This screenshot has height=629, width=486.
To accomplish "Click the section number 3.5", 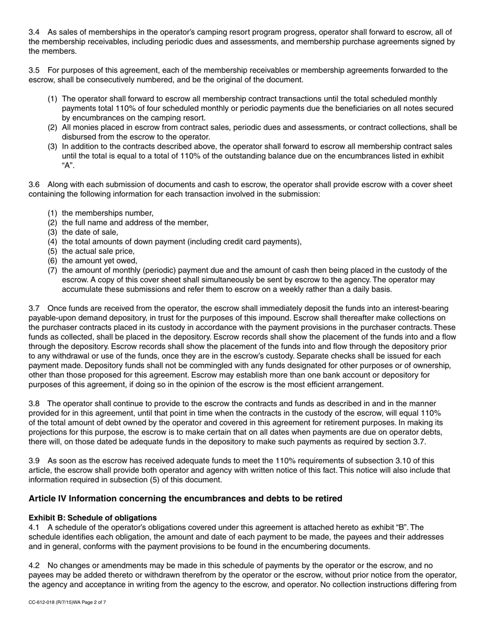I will point(34,70).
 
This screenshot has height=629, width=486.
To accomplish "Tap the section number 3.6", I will point(34,185).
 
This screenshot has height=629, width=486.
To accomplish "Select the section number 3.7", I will point(34,308).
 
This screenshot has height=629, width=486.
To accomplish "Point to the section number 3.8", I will point(34,403).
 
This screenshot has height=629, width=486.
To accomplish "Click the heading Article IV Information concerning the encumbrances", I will point(185,499).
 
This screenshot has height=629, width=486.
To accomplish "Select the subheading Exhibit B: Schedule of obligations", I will point(93,518).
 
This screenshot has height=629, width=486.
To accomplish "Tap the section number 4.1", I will point(34,527).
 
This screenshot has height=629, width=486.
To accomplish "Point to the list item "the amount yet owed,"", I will point(100,261).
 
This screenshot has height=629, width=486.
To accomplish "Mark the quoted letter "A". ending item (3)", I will point(69,166).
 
